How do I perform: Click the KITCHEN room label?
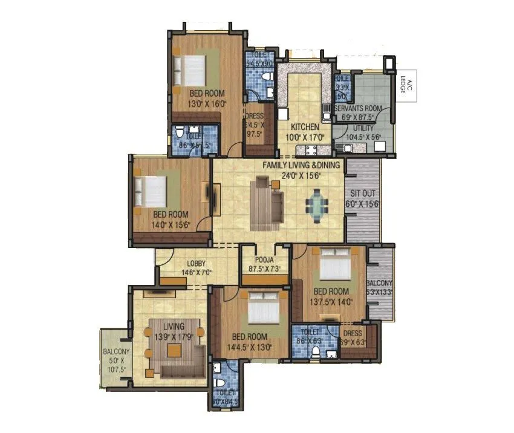[304, 127]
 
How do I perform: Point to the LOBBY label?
[196, 264]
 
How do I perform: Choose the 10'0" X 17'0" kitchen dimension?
[304, 137]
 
